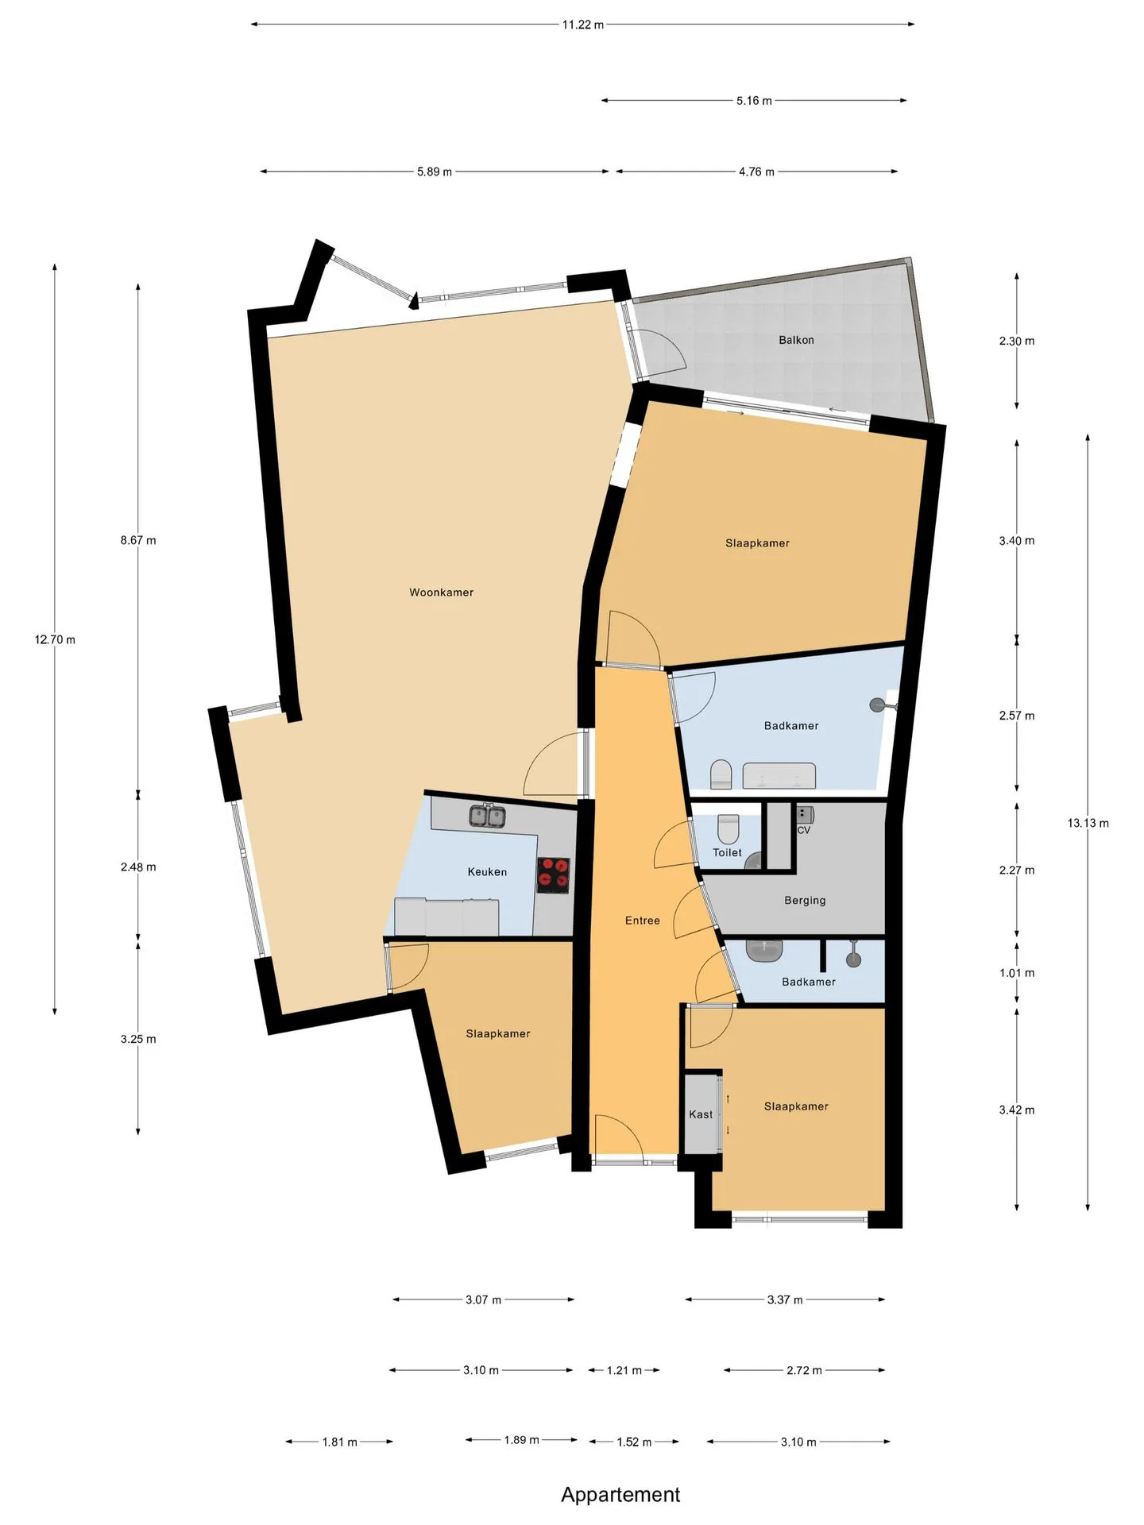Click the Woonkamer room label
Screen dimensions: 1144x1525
click(x=441, y=593)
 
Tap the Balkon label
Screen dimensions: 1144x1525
click(x=796, y=340)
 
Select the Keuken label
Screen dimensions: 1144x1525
click(x=487, y=872)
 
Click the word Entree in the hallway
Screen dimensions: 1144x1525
click(x=642, y=921)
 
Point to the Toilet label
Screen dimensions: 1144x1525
click(x=727, y=852)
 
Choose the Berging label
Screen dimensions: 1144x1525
click(x=805, y=901)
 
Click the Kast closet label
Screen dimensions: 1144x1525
click(x=701, y=1114)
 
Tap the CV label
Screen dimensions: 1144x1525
click(x=803, y=830)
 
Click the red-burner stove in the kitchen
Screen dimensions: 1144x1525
click(x=553, y=874)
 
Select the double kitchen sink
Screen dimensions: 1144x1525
click(x=487, y=816)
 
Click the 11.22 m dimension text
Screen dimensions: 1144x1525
click(x=583, y=25)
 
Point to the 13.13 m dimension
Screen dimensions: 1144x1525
click(x=1088, y=823)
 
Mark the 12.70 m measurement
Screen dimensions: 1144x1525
click(x=55, y=639)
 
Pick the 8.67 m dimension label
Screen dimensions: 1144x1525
click(x=138, y=540)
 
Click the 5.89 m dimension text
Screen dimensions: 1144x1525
click(x=435, y=172)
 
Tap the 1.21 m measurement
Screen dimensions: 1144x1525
click(x=624, y=1370)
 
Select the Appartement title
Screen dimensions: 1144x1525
click(x=620, y=1495)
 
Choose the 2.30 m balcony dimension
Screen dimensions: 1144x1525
click(x=1017, y=341)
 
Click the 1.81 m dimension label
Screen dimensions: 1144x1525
click(x=339, y=1442)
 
